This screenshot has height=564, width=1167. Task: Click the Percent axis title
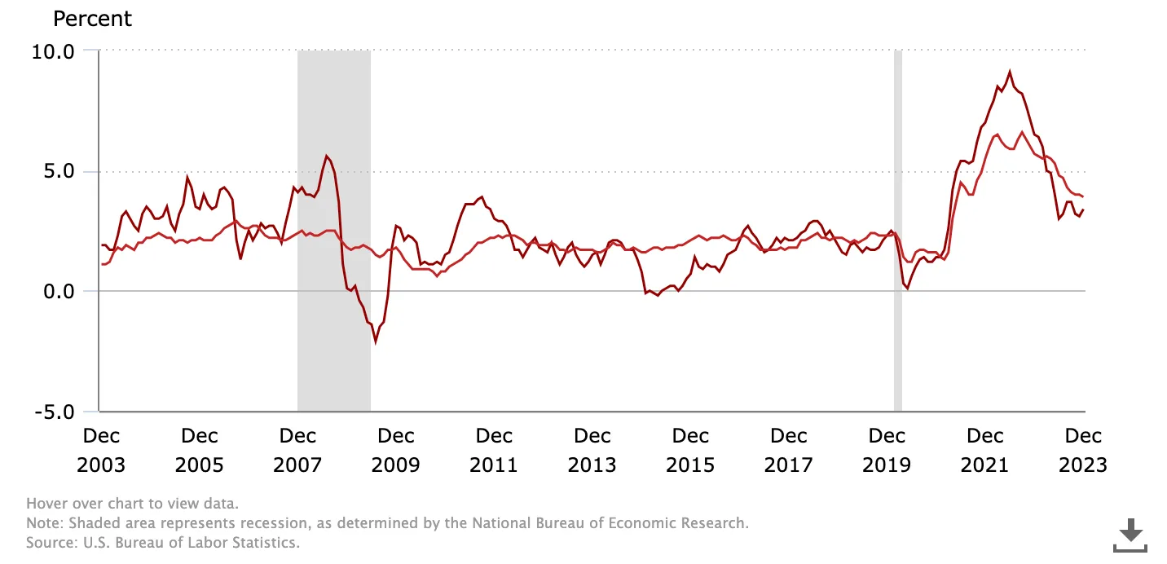pyautogui.click(x=92, y=18)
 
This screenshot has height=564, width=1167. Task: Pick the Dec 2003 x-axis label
pyautogui.click(x=101, y=450)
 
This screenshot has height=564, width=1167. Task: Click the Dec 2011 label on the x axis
pyautogui.click(x=494, y=450)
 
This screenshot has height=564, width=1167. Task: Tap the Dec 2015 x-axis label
pyautogui.click(x=690, y=450)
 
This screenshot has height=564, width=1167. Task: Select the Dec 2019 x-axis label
pyautogui.click(x=887, y=450)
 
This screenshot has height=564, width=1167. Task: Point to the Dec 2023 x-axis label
pyautogui.click(x=1083, y=450)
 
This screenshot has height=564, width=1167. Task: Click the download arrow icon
pyautogui.click(x=1130, y=536)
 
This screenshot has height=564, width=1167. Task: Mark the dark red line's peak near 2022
pyautogui.click(x=1010, y=72)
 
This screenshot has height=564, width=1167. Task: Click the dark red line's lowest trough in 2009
pyautogui.click(x=376, y=342)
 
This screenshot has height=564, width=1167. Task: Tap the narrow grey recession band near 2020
pyautogui.click(x=898, y=228)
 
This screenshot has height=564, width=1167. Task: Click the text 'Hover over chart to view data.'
pyautogui.click(x=133, y=504)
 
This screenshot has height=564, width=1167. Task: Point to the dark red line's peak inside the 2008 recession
pyautogui.click(x=326, y=156)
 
